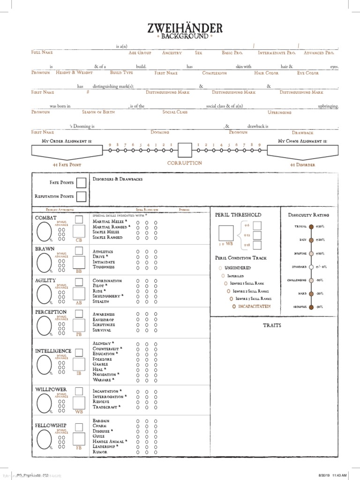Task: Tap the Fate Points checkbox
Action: (x=81, y=182)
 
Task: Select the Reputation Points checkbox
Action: (x=81, y=196)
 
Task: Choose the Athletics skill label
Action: (x=103, y=252)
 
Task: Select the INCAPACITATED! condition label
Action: (x=253, y=306)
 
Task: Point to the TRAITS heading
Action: (x=272, y=325)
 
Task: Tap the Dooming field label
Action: (x=160, y=133)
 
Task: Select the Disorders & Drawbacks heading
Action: (x=118, y=179)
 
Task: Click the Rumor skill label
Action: (x=100, y=452)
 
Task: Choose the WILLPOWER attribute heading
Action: (x=51, y=390)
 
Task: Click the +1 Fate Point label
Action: (x=67, y=165)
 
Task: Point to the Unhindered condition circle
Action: (x=220, y=268)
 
